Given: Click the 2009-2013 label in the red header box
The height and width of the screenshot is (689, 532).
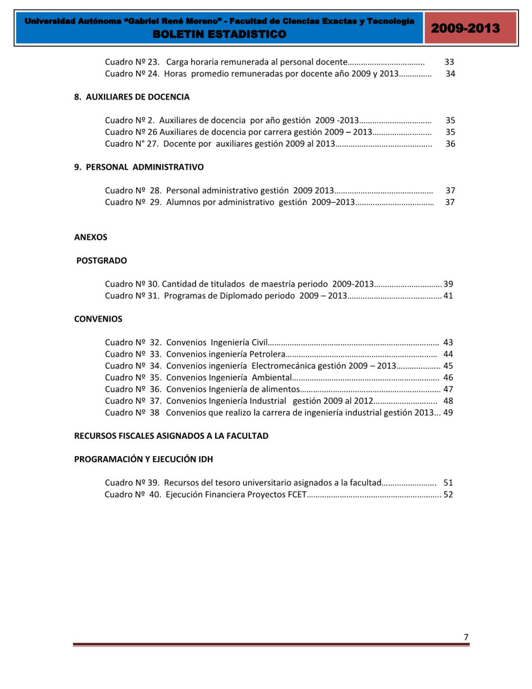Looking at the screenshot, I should tap(465, 28).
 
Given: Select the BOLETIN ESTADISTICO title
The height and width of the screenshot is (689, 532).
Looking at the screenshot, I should tap(220, 34).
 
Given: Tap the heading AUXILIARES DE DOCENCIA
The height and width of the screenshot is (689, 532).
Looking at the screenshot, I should tap(138, 97).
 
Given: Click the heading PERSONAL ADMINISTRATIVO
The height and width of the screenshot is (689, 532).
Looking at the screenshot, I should tap(145, 167).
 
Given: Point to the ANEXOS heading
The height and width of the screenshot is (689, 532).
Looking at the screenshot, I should tap(91, 237).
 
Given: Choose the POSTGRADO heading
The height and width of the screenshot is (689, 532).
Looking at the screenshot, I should tap(102, 261).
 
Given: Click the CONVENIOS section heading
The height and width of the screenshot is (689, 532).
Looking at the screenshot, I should tap(98, 319).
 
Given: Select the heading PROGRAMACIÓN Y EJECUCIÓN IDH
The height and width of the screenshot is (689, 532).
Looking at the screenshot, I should tap(144, 459).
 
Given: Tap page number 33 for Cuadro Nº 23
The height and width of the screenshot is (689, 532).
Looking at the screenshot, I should tap(449, 62).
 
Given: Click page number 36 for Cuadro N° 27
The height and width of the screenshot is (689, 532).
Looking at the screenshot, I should tap(450, 144).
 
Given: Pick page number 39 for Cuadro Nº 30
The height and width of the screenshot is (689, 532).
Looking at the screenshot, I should tap(448, 284).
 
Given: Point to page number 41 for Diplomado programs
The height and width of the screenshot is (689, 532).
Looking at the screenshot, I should tap(448, 296).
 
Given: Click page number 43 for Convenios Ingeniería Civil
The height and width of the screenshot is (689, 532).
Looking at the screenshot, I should tap(448, 343).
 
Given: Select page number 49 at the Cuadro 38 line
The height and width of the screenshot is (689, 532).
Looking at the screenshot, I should tap(448, 413).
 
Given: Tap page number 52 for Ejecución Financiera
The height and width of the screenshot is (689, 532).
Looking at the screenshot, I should tap(448, 494).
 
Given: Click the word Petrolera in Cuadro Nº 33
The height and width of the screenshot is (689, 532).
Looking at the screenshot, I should tap(267, 354).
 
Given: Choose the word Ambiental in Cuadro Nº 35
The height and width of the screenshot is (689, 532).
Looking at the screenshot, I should tap(272, 378).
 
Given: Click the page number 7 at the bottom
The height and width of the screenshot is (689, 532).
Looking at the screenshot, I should tap(466, 637).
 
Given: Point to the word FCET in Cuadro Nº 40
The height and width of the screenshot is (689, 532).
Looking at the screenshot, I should tap(297, 494).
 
